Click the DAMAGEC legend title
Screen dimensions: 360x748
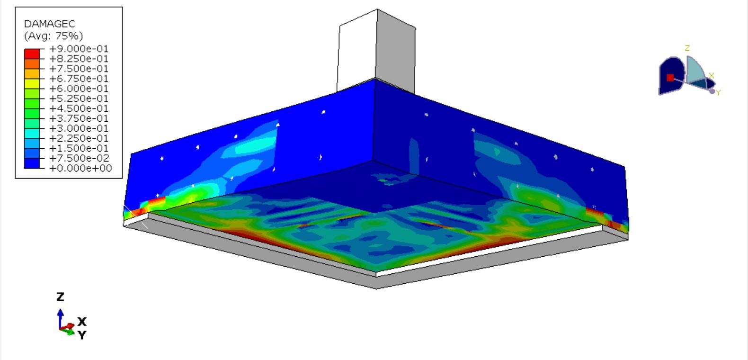49,24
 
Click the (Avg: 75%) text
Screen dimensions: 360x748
53,36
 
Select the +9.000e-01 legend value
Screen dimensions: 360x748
79,49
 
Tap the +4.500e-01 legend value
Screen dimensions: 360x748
79,108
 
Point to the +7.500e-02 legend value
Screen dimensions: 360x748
79,158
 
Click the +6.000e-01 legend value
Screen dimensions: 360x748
79,89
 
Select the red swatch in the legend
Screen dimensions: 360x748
32,54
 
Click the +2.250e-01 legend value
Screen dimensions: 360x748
79,138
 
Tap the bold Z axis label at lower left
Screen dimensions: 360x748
60,297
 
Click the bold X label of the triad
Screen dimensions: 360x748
82,322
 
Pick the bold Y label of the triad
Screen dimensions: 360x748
82,335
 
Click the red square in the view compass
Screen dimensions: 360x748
670,77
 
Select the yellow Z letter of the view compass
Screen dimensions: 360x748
687,48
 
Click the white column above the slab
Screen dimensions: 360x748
357,52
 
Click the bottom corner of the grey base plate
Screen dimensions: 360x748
376,287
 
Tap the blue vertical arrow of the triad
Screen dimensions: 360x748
60,318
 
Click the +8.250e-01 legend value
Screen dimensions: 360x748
79,59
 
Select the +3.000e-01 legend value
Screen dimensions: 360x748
79,128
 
